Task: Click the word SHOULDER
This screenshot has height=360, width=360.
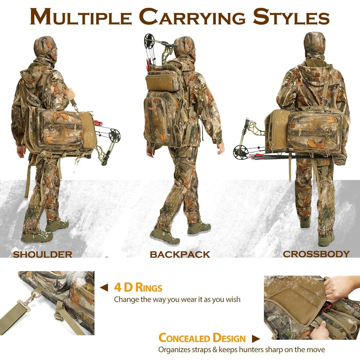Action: [x=42, y=255]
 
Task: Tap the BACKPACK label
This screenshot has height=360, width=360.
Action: [x=180, y=255]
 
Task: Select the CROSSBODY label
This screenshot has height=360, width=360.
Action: [x=316, y=254]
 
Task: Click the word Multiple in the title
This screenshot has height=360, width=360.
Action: [x=81, y=17]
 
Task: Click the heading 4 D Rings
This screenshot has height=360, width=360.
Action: [x=138, y=288]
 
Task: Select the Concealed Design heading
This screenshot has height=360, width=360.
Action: [x=202, y=338]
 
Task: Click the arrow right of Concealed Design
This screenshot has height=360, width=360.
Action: [x=256, y=338]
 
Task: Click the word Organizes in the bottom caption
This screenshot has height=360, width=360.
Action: [x=174, y=349]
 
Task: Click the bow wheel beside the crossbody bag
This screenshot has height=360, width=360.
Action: [x=239, y=151]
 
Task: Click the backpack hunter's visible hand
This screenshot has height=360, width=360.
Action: [x=220, y=147]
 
